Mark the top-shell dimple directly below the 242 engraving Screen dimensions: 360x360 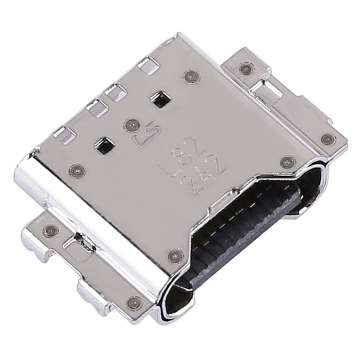(175, 254)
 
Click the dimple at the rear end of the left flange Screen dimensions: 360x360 (50, 229)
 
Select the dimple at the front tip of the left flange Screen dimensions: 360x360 (135, 302)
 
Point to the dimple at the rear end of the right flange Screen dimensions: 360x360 (244, 68)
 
